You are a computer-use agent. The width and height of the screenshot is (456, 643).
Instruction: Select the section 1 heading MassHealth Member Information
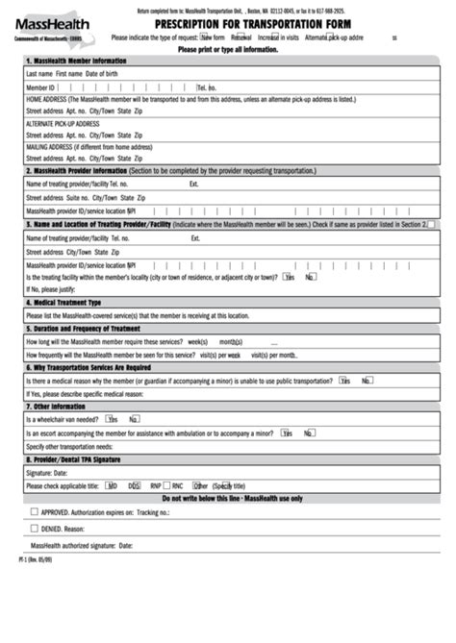[76, 61]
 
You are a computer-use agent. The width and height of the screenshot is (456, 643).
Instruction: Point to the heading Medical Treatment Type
[66, 302]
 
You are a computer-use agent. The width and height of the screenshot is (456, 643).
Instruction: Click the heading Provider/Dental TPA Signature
[76, 459]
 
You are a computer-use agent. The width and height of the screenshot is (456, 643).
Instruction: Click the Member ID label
[40, 87]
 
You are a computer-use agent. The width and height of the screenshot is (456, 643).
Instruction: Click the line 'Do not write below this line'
[232, 498]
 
